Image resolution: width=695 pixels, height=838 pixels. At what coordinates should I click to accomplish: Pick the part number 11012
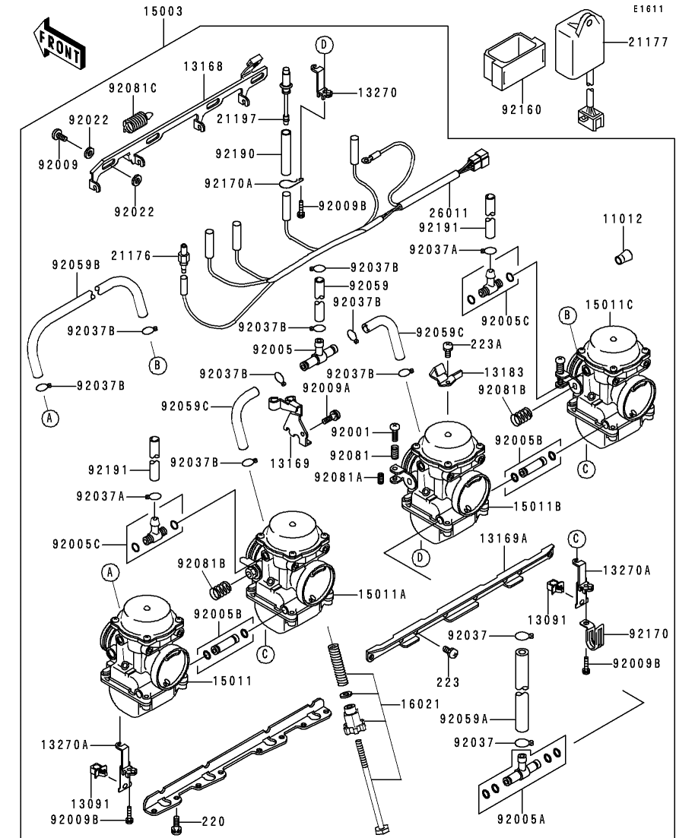tap(623, 219)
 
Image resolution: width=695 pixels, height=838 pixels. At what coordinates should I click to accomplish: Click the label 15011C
tap(608, 304)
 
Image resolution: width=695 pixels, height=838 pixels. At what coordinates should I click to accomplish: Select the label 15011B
tap(528, 504)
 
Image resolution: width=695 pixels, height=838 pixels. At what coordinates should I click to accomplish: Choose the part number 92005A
tap(522, 819)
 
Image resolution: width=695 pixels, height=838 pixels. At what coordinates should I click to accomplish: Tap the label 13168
tap(203, 67)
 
